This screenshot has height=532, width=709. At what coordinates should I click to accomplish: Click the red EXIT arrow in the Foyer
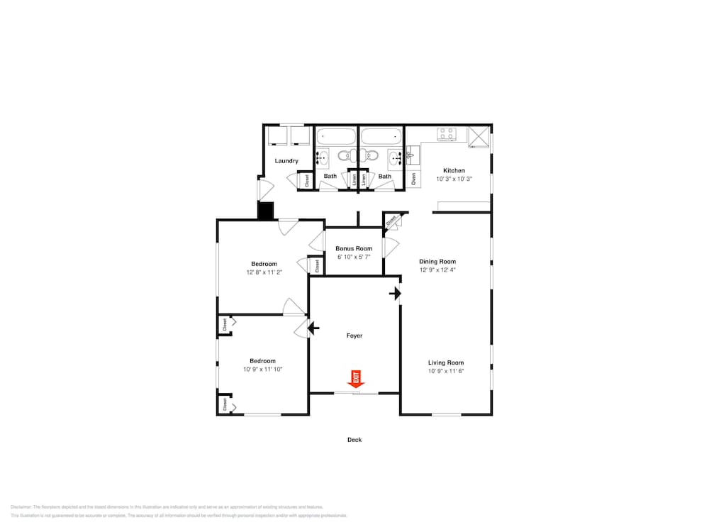pyautogui.click(x=357, y=378)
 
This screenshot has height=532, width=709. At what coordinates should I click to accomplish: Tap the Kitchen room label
pyautogui.click(x=454, y=170)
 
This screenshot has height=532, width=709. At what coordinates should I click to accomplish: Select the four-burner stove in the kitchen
pyautogui.click(x=446, y=133)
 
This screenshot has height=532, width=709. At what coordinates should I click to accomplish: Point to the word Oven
pyautogui.click(x=413, y=179)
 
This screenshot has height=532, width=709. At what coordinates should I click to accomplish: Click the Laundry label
pyautogui.click(x=286, y=161)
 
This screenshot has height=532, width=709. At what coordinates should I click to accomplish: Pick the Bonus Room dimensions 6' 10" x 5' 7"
pyautogui.click(x=354, y=257)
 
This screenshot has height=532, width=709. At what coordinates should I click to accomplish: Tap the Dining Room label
pyautogui.click(x=437, y=261)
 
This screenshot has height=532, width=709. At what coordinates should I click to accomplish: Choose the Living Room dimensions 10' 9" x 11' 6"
pyautogui.click(x=446, y=371)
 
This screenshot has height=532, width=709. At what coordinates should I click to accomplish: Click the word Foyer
pyautogui.click(x=354, y=336)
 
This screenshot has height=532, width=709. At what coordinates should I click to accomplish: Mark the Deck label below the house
pyautogui.click(x=354, y=440)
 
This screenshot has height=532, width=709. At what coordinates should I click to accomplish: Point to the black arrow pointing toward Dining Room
pyautogui.click(x=395, y=293)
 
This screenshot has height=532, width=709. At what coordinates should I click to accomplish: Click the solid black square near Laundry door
pyautogui.click(x=265, y=211)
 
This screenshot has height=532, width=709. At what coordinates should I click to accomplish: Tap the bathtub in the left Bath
pyautogui.click(x=336, y=136)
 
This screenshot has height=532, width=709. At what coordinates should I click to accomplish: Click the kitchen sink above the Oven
pyautogui.click(x=413, y=153)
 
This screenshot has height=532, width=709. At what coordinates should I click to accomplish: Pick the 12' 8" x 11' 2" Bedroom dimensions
pyautogui.click(x=264, y=272)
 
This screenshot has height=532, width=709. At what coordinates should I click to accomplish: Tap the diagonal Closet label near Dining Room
pyautogui.click(x=391, y=221)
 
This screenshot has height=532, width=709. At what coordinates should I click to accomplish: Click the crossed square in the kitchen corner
pyautogui.click(x=479, y=135)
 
